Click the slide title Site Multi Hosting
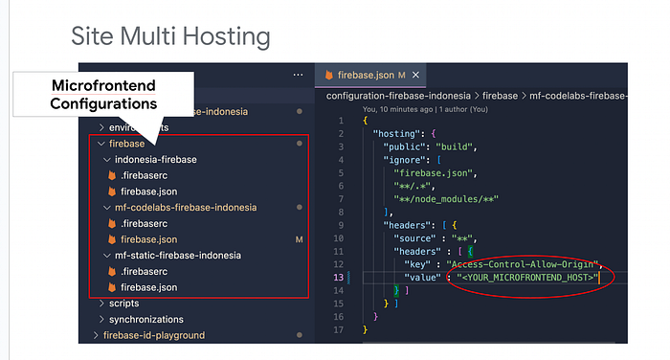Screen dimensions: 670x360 tap(170, 36)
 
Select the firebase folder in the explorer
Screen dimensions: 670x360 tap(126, 144)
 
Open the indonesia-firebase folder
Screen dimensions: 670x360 tap(155, 159)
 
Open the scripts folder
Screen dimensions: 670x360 tap(123, 304)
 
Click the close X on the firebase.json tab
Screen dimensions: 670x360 tap(416, 75)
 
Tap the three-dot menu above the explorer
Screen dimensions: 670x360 tap(297, 75)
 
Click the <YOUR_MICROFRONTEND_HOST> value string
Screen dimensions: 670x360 tap(527, 278)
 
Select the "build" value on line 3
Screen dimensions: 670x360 tap(471, 146)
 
